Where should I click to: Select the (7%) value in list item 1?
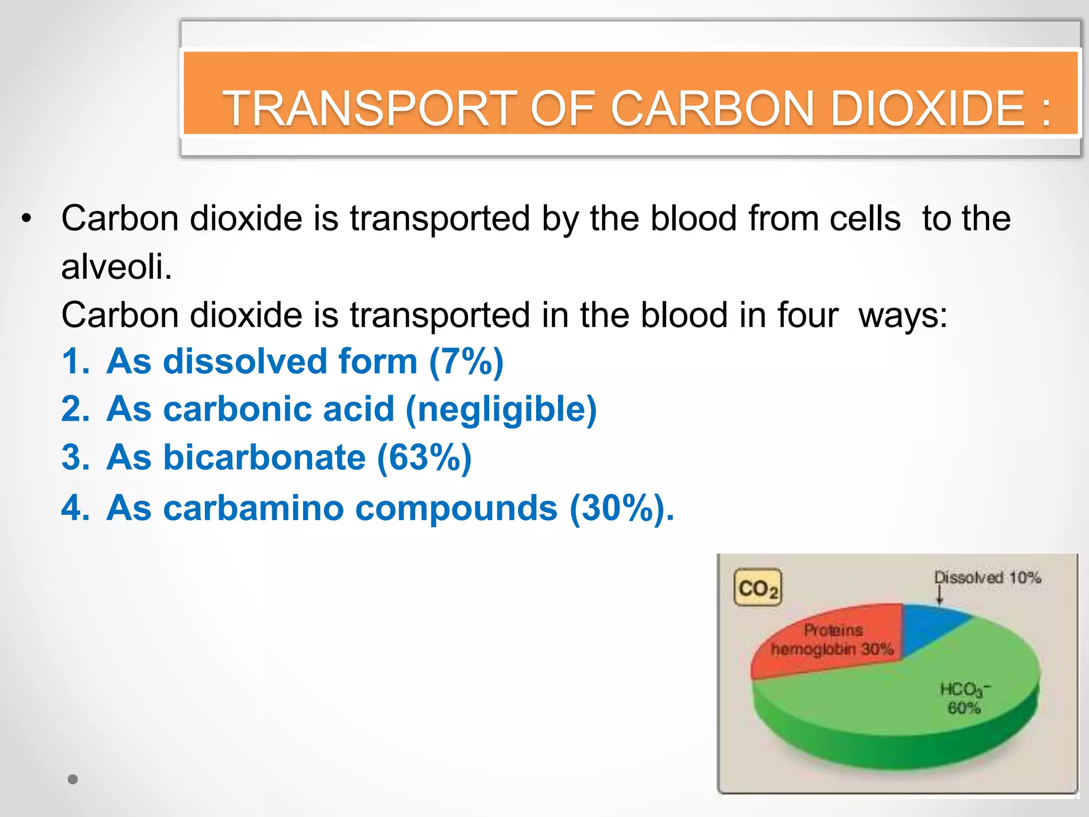coord(466,362)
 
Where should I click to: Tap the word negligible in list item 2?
coord(501,410)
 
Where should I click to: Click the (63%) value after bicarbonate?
coord(424,458)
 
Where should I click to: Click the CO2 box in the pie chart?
coord(758,588)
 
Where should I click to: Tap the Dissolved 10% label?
coord(987,578)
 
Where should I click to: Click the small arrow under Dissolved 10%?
coord(940,596)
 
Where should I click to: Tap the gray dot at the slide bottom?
coord(73,779)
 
